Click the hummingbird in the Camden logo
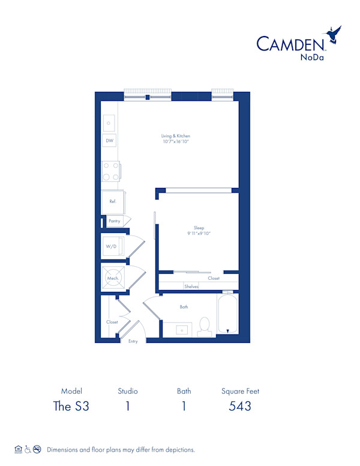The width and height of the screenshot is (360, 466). [333, 35]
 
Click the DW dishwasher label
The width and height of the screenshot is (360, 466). [109, 141]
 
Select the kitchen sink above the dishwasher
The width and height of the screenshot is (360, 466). [109, 123]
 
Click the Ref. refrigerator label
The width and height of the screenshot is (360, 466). [112, 202]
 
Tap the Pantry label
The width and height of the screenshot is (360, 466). [114, 221]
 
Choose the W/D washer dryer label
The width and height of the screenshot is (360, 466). [111, 247]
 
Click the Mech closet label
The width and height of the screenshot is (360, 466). [112, 279]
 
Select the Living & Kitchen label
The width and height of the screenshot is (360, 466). [176, 136]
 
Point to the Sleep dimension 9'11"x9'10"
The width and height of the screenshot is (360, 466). [199, 233]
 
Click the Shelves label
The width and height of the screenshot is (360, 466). [191, 286]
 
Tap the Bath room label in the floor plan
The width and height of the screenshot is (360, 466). [184, 307]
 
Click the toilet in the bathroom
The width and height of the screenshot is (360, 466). [204, 325]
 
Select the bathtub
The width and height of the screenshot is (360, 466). [228, 313]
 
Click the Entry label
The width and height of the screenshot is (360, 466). [133, 341]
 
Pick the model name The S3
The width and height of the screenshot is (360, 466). [71, 406]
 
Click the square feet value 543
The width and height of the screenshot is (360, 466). [240, 406]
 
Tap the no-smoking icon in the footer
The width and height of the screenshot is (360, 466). [37, 449]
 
